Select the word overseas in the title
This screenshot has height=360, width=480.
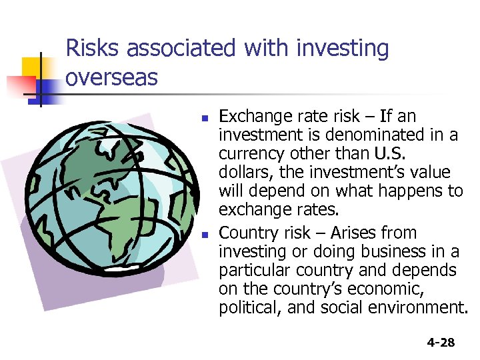point(112,77)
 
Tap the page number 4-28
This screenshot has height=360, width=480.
point(440,343)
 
